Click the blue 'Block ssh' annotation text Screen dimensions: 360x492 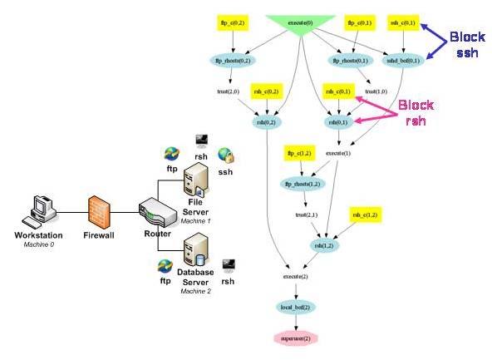click(x=464, y=45)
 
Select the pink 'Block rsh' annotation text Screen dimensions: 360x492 click(x=416, y=112)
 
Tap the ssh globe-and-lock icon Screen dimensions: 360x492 click(x=225, y=155)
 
